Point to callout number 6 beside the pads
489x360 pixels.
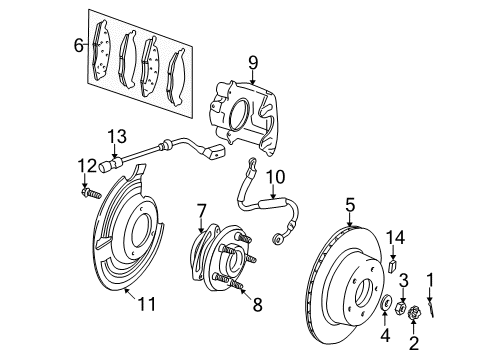[77, 45]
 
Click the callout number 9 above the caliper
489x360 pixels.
[252, 64]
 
